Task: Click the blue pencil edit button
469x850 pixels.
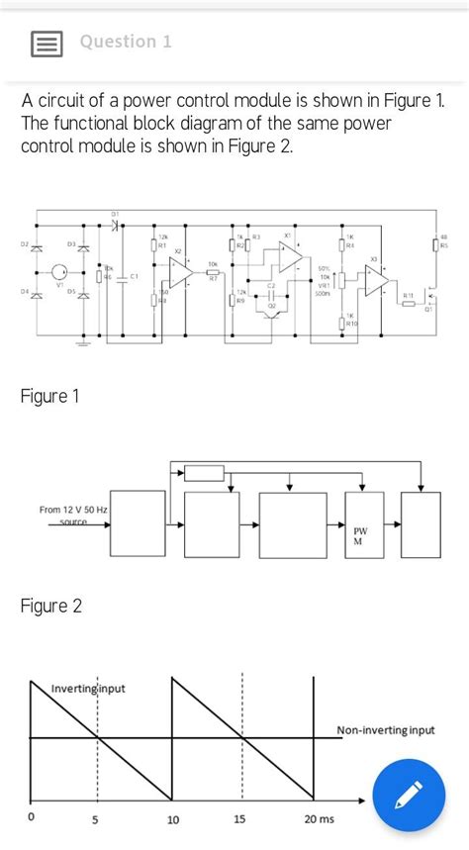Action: point(408,796)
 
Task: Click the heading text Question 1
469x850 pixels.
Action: point(126,42)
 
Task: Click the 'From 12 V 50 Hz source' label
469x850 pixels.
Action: point(74,515)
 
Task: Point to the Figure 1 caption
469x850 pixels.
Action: point(49,397)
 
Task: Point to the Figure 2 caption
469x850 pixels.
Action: point(50,606)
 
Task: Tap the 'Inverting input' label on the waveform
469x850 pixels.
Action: point(88,689)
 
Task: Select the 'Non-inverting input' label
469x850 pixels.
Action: point(386,730)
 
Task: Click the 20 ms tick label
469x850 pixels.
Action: point(320,819)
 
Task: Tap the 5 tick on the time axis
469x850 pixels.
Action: point(96,819)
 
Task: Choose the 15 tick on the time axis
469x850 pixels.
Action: point(240,819)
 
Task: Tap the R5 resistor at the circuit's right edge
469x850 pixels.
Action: point(435,244)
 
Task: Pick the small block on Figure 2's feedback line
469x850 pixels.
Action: point(205,473)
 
